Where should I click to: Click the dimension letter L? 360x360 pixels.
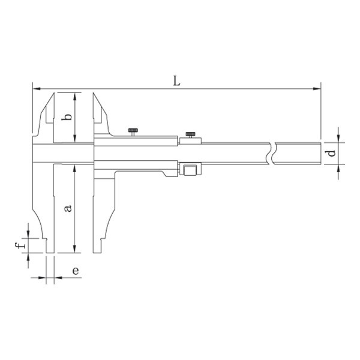pyautogui.click(x=176, y=81)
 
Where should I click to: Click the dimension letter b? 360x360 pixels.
pyautogui.click(x=67, y=116)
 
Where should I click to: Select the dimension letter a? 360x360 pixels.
pyautogui.click(x=68, y=208)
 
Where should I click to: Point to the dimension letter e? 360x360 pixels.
pyautogui.click(x=76, y=271)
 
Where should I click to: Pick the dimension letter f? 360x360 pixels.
pyautogui.click(x=20, y=245)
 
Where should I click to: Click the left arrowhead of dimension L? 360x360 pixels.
pyautogui.click(x=37, y=89)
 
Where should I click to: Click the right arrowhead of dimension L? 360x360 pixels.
pyautogui.click(x=317, y=89)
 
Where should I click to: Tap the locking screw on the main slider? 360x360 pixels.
pyautogui.click(x=133, y=132)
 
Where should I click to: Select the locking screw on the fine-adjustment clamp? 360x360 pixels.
pyautogui.click(x=190, y=135)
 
